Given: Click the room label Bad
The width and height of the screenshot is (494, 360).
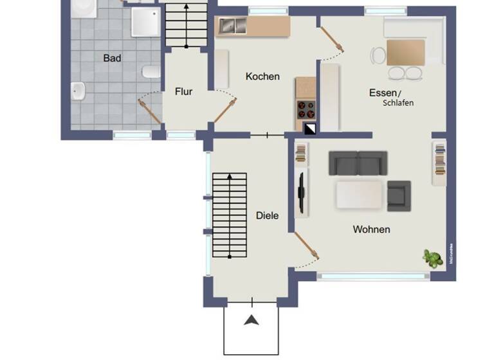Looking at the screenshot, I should tap(112, 59).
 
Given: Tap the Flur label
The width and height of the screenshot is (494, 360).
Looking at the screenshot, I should tap(184, 92).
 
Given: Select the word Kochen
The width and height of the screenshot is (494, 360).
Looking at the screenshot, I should tap(262, 76).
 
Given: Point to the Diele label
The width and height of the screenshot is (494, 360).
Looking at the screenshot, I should tap(267, 216).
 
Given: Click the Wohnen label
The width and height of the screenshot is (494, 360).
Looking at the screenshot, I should tap(371, 230).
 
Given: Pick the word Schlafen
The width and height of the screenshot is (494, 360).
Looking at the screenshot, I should tap(398, 104).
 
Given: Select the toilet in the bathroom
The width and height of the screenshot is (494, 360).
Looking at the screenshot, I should tap(152, 71).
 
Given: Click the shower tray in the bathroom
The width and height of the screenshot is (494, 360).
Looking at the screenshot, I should tap(146, 22).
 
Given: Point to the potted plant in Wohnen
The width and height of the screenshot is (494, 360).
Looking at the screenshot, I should tap(432, 258).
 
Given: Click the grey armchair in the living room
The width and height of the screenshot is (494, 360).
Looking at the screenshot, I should tap(398, 195).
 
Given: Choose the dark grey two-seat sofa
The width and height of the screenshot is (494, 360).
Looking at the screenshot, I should tap(358, 163).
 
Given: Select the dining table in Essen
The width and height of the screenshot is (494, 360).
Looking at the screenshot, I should tap(405, 52).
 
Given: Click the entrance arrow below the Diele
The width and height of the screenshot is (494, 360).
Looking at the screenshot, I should tap(251, 319).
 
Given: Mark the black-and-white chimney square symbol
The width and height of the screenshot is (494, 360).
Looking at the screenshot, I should tap(310, 128).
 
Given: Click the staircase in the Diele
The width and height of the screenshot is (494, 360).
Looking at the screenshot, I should tap(229, 215).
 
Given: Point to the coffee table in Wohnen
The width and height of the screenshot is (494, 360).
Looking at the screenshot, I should tap(359, 194).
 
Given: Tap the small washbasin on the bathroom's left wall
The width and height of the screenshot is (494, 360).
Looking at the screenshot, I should tap(78, 92).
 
